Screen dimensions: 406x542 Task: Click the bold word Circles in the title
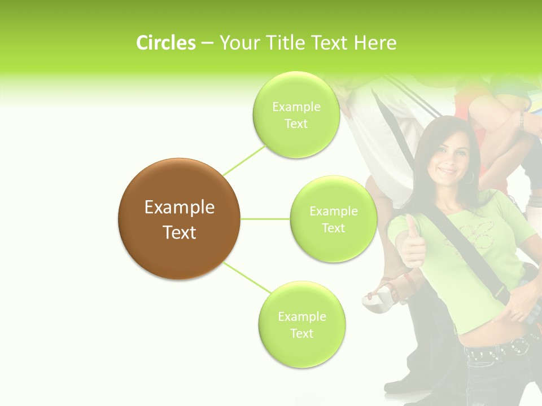pyautogui.click(x=165, y=43)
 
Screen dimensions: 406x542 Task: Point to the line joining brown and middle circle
pyautogui.click(x=265, y=219)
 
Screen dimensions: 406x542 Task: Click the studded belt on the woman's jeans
pyautogui.click(x=497, y=350)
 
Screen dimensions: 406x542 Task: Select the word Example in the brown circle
pyautogui.click(x=179, y=208)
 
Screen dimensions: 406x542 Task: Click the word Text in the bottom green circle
pyautogui.click(x=301, y=333)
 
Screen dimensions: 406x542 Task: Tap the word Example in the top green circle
pyautogui.click(x=296, y=107)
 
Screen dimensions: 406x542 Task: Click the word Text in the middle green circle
pyautogui.click(x=333, y=228)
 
